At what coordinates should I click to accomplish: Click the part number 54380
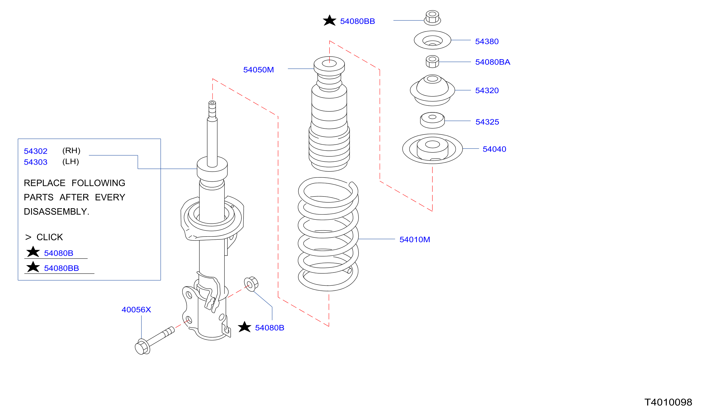[487, 42]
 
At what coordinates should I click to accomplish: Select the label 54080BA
[493, 62]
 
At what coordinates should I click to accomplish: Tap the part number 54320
[487, 91]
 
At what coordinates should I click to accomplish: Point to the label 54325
[487, 122]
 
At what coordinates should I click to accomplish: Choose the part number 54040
[494, 149]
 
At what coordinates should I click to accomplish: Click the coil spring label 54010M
[415, 240]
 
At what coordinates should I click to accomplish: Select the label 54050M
[258, 70]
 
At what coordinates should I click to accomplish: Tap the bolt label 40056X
[136, 310]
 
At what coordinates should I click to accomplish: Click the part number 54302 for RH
[35, 151]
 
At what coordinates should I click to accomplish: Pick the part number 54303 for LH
[35, 162]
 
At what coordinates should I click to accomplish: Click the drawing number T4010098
[668, 403]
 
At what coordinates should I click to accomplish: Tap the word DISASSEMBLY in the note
[56, 212]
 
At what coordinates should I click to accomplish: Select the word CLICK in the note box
[49, 237]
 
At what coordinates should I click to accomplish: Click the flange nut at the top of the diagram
[432, 18]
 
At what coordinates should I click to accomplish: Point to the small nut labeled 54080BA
[432, 61]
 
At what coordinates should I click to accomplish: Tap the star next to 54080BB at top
[329, 20]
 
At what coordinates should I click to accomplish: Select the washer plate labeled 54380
[432, 40]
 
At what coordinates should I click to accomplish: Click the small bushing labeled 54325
[432, 120]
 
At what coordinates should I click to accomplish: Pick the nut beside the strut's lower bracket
[251, 284]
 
